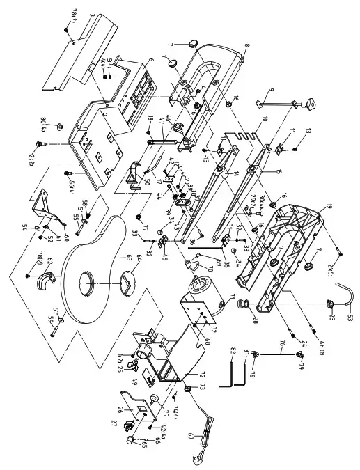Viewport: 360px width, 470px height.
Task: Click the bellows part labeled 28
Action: [x=245, y=304]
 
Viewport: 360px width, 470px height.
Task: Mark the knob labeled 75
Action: [x=153, y=398]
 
